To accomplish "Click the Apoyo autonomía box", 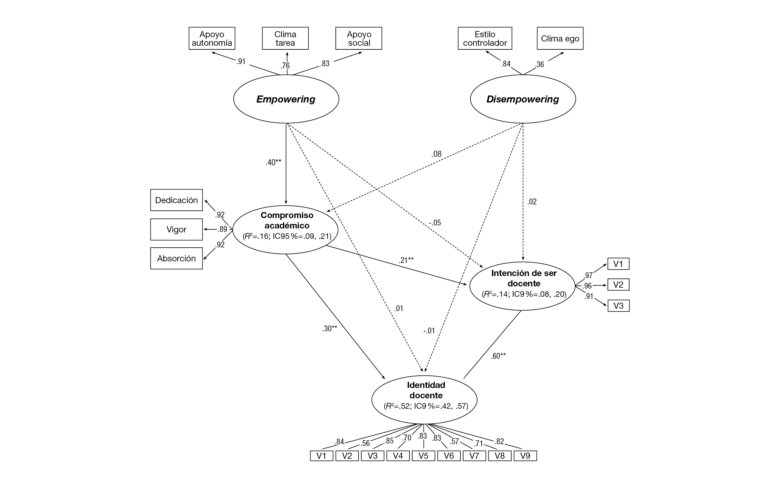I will click(212, 38).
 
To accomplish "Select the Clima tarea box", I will click(285, 38).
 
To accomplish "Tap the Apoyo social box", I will click(359, 38).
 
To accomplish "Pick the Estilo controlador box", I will click(485, 38).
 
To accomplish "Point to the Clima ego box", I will click(560, 38).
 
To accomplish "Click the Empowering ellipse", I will click(286, 99).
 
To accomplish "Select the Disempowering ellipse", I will click(523, 99).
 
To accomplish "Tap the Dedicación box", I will click(176, 200).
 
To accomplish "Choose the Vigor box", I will click(176, 229).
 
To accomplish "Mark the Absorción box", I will click(176, 259).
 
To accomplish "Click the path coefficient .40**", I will click(273, 162).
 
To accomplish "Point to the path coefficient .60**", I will click(498, 356).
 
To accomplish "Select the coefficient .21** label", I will click(406, 260).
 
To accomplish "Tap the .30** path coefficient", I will click(329, 328).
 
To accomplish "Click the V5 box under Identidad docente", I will click(424, 456).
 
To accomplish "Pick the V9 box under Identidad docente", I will click(525, 456).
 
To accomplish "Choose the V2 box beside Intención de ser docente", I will click(618, 285).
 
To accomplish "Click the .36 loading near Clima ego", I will click(540, 65).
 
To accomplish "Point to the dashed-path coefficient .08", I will click(436, 154).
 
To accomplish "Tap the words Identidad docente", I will click(426, 390).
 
